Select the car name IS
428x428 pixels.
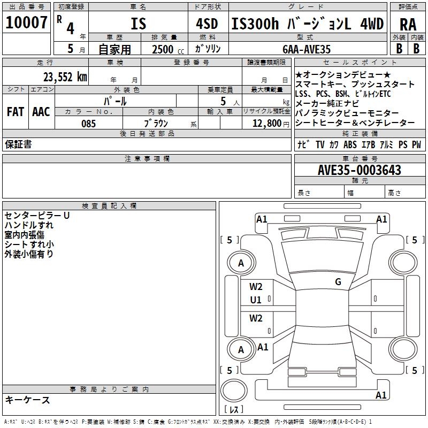click(138, 24)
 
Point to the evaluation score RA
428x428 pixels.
click(408, 25)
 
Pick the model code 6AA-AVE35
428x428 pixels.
click(307, 49)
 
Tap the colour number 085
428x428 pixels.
click(88, 124)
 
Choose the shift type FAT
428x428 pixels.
click(15, 112)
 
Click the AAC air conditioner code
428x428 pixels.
click(41, 112)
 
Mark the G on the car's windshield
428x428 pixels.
click(338, 282)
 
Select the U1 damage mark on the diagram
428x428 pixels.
click(256, 300)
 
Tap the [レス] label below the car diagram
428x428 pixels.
click(234, 410)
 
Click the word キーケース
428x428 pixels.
click(27, 400)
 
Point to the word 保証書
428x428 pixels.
click(18, 144)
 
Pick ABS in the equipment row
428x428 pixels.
click(350, 144)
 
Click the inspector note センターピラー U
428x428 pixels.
click(37, 216)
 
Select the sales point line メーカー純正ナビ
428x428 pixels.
click(328, 104)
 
